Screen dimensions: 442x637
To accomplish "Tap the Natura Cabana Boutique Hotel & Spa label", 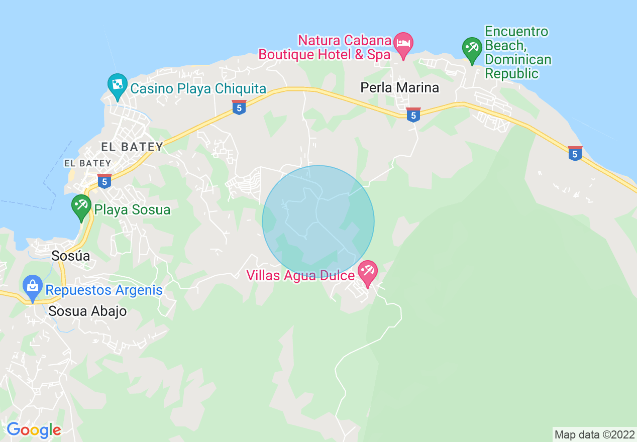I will (x=325, y=47).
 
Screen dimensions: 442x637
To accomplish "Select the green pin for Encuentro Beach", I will (x=472, y=49).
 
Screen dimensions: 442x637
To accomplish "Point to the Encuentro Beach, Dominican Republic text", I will (x=517, y=53).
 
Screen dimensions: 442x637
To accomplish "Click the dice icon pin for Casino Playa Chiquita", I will (x=117, y=85).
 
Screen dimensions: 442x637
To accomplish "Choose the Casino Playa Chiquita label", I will (x=198, y=89).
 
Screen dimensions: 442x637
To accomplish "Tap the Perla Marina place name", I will (x=400, y=87).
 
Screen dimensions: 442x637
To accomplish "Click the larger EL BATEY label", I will (x=132, y=147).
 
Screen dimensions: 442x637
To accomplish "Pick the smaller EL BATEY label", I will (x=87, y=163).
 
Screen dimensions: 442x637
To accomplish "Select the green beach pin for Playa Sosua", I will (x=80, y=206).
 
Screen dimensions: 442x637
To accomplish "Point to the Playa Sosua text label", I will (x=133, y=209).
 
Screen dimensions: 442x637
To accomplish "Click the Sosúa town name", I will (x=71, y=256).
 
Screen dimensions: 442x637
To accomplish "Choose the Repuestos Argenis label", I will (x=104, y=290).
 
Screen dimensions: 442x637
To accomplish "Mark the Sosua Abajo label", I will (x=87, y=311).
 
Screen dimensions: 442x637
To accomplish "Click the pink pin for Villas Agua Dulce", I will (x=367, y=272).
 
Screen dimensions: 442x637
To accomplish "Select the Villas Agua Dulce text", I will (x=300, y=275).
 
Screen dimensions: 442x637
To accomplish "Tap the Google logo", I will (x=34, y=430).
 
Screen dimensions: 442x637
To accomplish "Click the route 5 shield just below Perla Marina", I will (x=413, y=115).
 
